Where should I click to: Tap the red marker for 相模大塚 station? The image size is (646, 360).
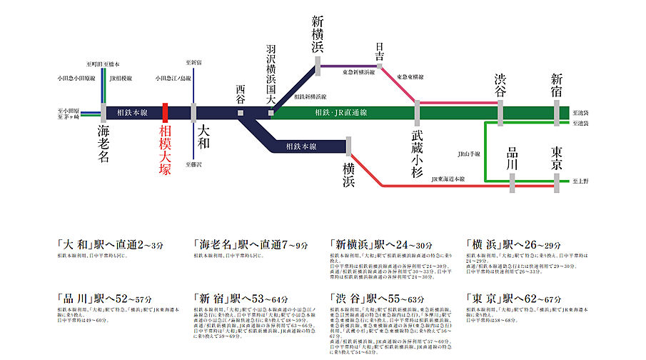coord(165,113)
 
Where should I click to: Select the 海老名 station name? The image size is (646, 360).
coord(104,145)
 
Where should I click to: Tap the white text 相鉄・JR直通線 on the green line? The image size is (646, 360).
coord(340,113)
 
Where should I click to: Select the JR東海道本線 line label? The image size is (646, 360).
coord(448,179)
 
